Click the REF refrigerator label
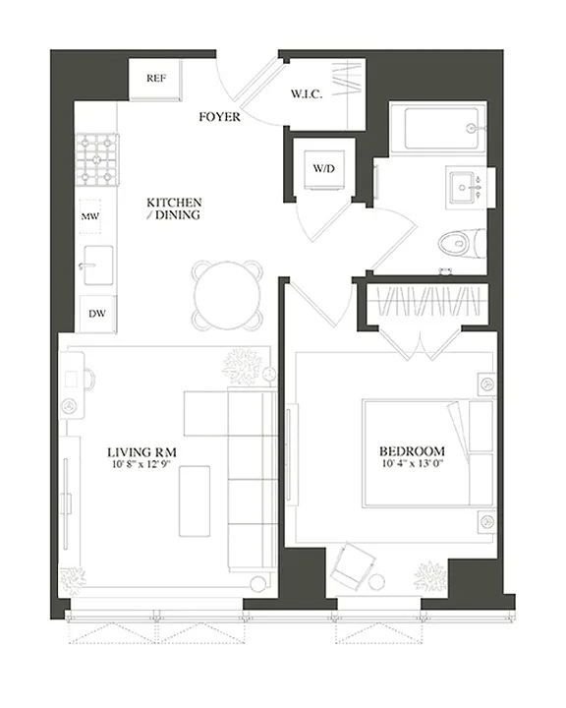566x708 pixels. [x=154, y=78]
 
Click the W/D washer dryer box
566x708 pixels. [x=324, y=168]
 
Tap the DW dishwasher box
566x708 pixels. [x=95, y=314]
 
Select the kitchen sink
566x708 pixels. [x=97, y=263]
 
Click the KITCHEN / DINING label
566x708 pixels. [x=174, y=208]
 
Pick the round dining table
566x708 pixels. [x=228, y=294]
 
